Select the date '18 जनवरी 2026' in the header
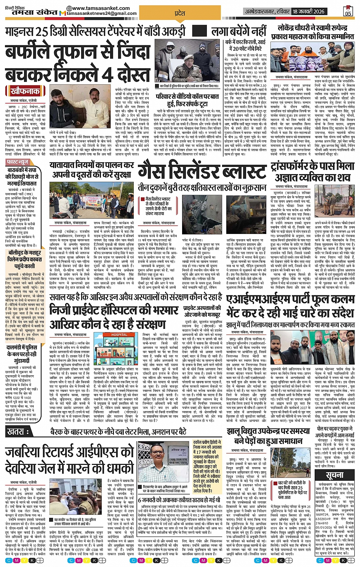tap(309, 11)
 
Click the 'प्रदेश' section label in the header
tap(179, 13)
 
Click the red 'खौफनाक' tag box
tap(26, 91)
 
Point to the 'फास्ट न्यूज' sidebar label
tap(18, 162)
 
